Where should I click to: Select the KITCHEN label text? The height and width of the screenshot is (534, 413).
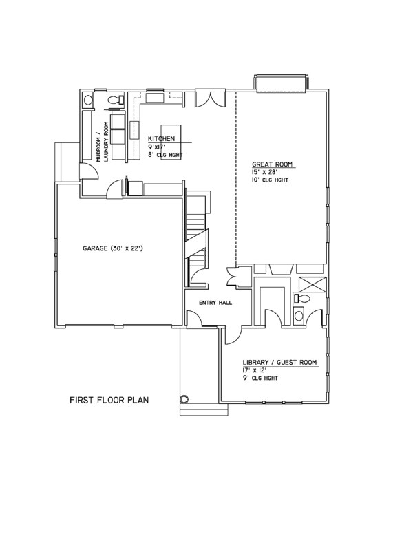161,139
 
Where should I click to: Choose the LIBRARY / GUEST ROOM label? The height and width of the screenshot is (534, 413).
279,363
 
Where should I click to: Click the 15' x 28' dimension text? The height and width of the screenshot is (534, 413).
265,172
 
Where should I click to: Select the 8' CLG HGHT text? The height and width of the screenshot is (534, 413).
166,154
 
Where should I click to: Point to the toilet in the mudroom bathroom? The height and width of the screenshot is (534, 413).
118,100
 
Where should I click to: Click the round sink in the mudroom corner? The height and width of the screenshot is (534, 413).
87,101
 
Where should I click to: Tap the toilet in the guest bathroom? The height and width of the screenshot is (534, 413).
300,299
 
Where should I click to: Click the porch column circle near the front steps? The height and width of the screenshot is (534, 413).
184,398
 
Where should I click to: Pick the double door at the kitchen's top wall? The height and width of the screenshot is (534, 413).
207,99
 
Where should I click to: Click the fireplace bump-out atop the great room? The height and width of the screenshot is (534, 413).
280,84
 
